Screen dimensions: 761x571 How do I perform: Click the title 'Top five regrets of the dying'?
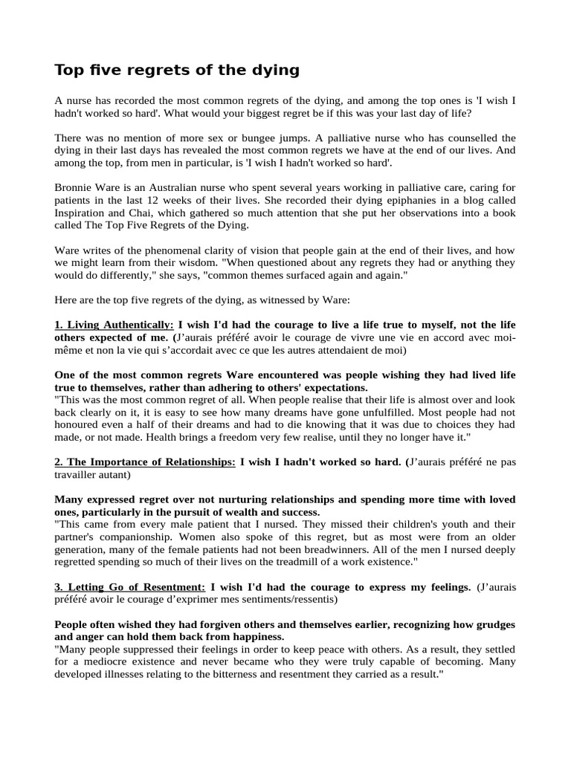(x=177, y=71)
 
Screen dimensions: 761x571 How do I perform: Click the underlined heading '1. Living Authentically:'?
(x=114, y=326)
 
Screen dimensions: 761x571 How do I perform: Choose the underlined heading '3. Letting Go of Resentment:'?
(x=129, y=587)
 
